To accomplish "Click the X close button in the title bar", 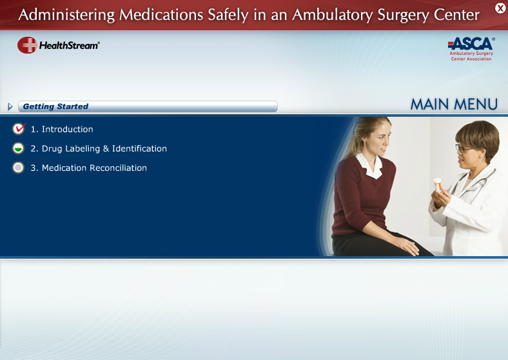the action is click(x=500, y=8).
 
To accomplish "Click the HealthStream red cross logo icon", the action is click(x=27, y=45).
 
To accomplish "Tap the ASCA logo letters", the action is click(x=471, y=43).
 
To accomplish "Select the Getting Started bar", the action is click(x=148, y=106).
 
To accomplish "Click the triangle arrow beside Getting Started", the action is click(x=10, y=106).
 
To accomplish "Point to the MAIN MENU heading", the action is click(x=454, y=105).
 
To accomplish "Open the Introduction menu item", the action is click(x=62, y=129).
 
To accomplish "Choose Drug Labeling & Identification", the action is click(x=99, y=148).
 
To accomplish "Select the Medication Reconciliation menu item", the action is click(x=88, y=168).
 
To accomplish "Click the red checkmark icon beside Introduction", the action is click(x=19, y=128).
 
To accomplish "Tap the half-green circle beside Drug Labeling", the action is click(x=18, y=148).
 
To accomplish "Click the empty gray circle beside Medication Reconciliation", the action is click(x=18, y=167).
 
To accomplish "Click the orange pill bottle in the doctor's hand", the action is click(x=438, y=185).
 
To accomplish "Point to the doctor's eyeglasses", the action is click(x=464, y=148).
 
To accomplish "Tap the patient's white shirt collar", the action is click(x=370, y=165).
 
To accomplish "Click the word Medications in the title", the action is click(x=161, y=15).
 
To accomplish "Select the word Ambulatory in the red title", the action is click(x=333, y=15).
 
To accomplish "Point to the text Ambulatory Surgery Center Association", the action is click(x=471, y=56).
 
